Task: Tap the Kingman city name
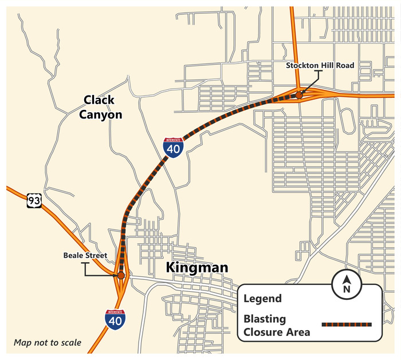[196, 267]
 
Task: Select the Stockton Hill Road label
[320, 66]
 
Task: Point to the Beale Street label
[85, 255]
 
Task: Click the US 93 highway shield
[34, 201]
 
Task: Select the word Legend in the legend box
[262, 299]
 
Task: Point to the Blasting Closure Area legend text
[277, 326]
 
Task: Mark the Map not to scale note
[48, 343]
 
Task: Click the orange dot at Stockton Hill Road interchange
[299, 95]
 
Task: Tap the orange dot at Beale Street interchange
[121, 275]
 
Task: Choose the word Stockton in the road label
[302, 66]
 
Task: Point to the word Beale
[74, 255]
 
